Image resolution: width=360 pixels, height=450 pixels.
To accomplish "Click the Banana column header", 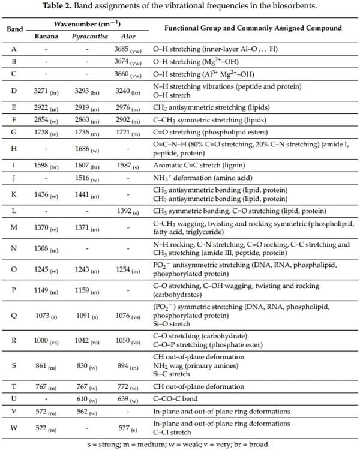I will coord(46,36).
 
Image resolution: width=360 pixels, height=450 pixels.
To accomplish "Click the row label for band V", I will coord(14,411).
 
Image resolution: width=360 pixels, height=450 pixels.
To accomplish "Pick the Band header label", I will coord(14,29).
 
